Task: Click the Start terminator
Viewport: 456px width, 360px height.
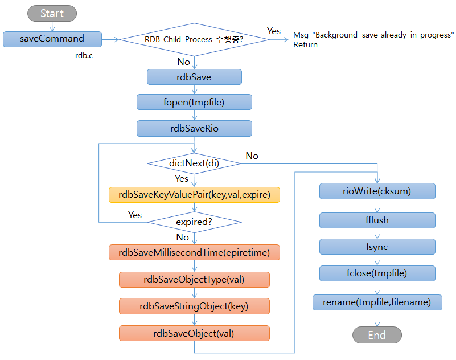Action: (52, 14)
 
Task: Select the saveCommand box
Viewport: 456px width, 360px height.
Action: (52, 39)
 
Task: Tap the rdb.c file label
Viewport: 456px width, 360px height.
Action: (84, 55)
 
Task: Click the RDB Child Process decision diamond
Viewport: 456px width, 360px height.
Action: (194, 40)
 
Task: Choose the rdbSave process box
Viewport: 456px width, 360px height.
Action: (194, 77)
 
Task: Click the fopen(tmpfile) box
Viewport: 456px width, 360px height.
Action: (194, 103)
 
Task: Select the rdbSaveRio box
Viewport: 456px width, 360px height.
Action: (194, 128)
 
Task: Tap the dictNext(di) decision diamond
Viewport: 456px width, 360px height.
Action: (194, 163)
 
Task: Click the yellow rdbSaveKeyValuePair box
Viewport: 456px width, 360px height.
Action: (194, 195)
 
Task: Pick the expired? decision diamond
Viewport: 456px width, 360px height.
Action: (194, 222)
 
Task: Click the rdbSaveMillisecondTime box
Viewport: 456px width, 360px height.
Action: (194, 252)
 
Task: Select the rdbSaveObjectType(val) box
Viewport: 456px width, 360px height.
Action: (194, 279)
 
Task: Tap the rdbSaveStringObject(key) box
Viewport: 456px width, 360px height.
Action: (194, 306)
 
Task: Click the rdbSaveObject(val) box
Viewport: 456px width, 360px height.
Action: (194, 333)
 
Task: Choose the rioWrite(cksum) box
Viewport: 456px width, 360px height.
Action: (377, 191)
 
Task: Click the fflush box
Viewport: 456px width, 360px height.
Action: (377, 220)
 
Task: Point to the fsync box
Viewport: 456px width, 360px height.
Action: (377, 247)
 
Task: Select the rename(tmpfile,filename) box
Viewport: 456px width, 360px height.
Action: (377, 302)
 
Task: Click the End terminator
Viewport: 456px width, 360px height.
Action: (377, 335)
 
